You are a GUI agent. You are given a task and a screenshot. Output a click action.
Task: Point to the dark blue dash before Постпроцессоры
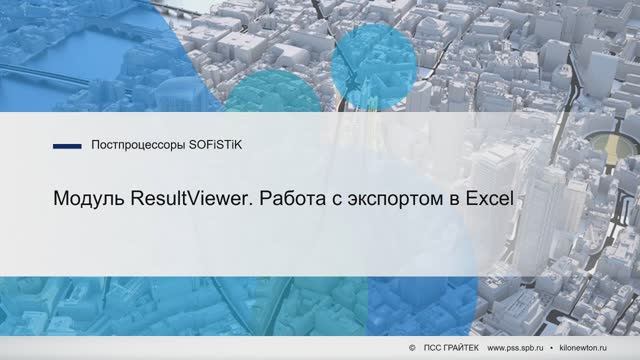click(66, 146)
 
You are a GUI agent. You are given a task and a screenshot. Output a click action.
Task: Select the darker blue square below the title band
click(410, 300)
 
